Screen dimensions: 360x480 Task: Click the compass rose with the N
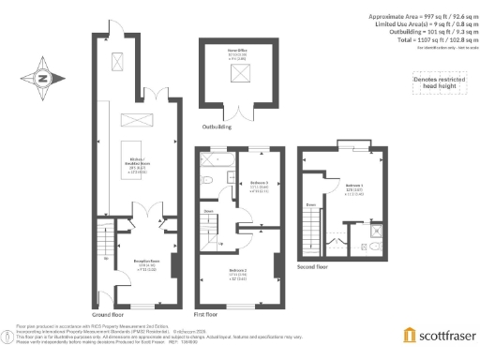[x=43, y=79]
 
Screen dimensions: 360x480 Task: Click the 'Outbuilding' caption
[x=217, y=124]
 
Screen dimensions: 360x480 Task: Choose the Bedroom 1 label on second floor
[x=353, y=187]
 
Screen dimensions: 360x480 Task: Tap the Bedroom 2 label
[x=238, y=274]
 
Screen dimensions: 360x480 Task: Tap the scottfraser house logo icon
[x=410, y=335]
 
